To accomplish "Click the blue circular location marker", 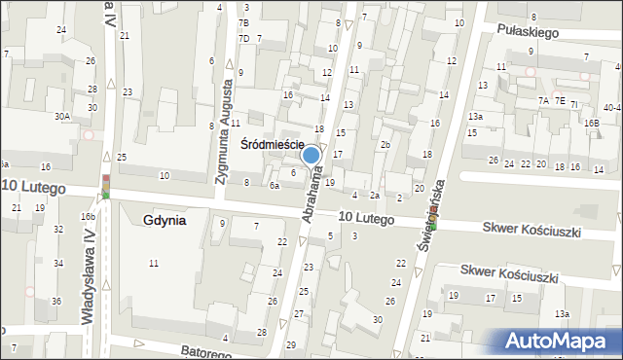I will click(x=311, y=154).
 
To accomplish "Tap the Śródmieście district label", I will click(x=273, y=144).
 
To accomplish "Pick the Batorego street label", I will click(x=205, y=351).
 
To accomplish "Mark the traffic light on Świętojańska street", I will click(x=433, y=222).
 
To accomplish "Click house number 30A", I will click(x=62, y=116).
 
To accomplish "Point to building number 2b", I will click(x=385, y=145).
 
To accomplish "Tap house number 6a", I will click(x=275, y=185).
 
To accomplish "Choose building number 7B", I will click(x=243, y=22).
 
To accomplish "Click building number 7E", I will click(x=559, y=100).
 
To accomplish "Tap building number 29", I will click(x=290, y=346).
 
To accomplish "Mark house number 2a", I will click(x=374, y=197).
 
